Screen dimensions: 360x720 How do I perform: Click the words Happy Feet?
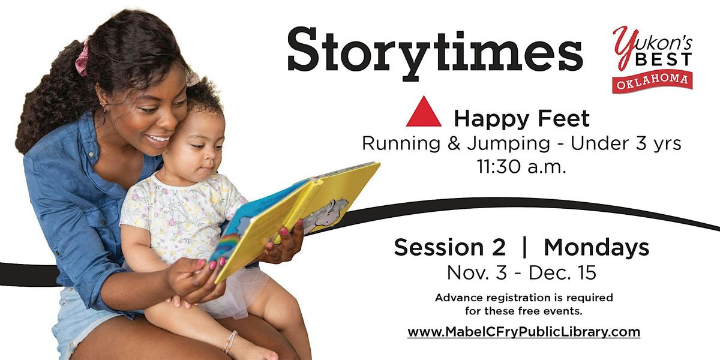click(521, 119)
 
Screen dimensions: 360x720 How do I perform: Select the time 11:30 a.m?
click(521, 167)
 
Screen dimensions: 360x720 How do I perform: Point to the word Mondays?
click(596, 247)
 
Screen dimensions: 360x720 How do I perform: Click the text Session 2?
click(448, 247)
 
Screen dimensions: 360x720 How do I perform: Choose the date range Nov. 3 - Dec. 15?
click(521, 273)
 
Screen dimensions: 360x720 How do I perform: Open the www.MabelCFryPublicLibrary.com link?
click(524, 332)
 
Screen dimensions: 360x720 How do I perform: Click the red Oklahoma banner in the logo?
click(652, 81)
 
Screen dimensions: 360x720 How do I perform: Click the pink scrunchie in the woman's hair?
click(82, 58)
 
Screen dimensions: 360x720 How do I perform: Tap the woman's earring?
click(104, 107)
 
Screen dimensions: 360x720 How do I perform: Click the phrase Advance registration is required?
click(524, 298)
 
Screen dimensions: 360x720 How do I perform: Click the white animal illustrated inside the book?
click(327, 214)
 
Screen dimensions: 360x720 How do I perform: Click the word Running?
click(401, 144)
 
